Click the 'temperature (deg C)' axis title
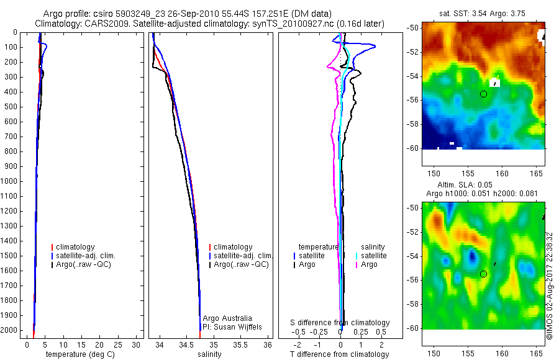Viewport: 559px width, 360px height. coord(81,354)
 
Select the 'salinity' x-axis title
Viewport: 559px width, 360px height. coord(209,354)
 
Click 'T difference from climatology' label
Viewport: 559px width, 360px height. coord(339,354)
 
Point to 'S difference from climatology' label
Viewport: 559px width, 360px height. coord(340,323)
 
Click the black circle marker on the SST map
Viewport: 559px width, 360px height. coord(483,94)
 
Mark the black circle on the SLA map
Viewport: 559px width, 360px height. coord(483,274)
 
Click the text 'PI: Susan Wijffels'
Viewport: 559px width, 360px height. coord(231,327)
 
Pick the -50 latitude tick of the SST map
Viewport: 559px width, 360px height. coord(412,29)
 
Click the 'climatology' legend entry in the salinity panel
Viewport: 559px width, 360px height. coord(233,247)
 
